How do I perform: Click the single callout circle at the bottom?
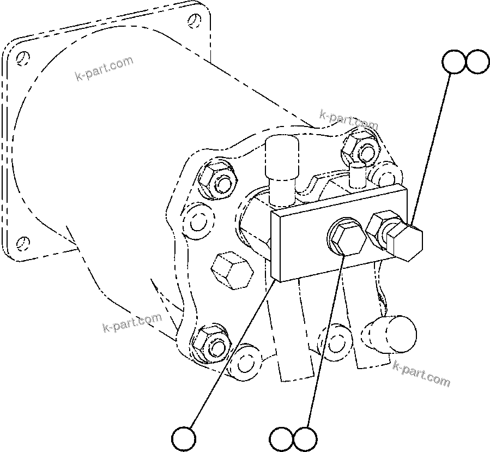[184, 437]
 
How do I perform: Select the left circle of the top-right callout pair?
[455, 62]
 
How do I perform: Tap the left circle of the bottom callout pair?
[282, 438]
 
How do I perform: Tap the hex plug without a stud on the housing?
[231, 270]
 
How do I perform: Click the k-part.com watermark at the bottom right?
[421, 374]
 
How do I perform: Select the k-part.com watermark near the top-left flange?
[104, 67]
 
